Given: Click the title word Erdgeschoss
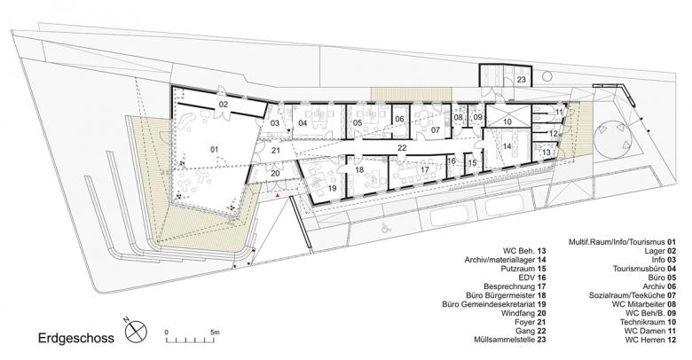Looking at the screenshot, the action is point(76,339).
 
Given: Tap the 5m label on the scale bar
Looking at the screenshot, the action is point(215,332).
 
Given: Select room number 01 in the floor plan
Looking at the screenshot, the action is point(215,150).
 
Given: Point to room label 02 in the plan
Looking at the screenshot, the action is point(224,105).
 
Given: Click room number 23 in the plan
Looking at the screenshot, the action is point(522,80).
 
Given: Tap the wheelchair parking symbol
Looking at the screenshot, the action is point(385,228).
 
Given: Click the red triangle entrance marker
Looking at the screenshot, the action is point(277,194).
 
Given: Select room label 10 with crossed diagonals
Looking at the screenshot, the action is point(507,121).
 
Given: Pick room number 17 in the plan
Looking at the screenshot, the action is point(425,169).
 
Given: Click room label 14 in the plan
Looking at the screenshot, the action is point(507,146).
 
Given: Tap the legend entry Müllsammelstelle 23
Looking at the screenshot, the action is point(510,340).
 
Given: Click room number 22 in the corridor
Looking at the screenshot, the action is point(401,148).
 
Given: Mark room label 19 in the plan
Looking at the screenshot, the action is point(333,188).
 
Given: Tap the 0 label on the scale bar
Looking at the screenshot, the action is point(167,332).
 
